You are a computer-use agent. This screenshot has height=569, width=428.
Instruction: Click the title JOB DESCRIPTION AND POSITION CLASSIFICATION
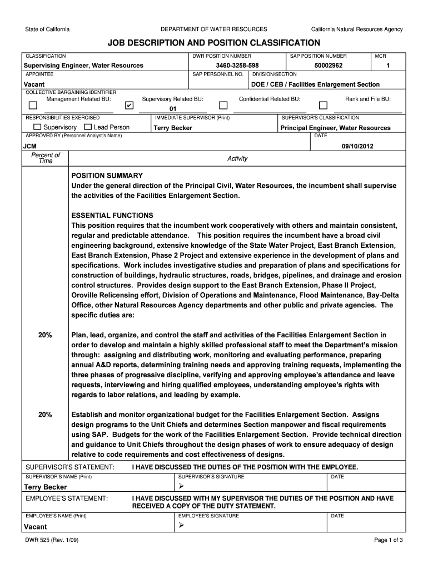coord(213,43)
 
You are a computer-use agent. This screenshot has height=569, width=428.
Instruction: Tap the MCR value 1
coord(387,66)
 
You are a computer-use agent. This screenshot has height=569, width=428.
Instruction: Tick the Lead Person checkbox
coord(89,127)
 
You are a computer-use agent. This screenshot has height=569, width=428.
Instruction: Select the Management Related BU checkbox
coord(33,105)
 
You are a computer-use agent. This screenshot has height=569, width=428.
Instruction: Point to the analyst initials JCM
coord(29,146)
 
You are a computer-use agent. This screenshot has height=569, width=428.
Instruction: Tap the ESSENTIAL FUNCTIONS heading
coord(112,215)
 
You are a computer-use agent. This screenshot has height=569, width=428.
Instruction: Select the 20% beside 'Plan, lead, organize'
coord(45,335)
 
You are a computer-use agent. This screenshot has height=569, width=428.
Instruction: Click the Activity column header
coord(237,159)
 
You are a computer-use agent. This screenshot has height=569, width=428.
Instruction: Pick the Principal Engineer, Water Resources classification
coord(335,128)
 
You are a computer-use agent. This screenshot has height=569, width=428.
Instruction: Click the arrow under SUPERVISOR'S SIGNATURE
coord(180,487)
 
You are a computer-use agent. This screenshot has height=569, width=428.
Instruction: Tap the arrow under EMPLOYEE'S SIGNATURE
coord(180,526)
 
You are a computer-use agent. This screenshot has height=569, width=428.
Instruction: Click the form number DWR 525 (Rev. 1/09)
coord(48,540)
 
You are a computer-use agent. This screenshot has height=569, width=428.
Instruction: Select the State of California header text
coord(47,29)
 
